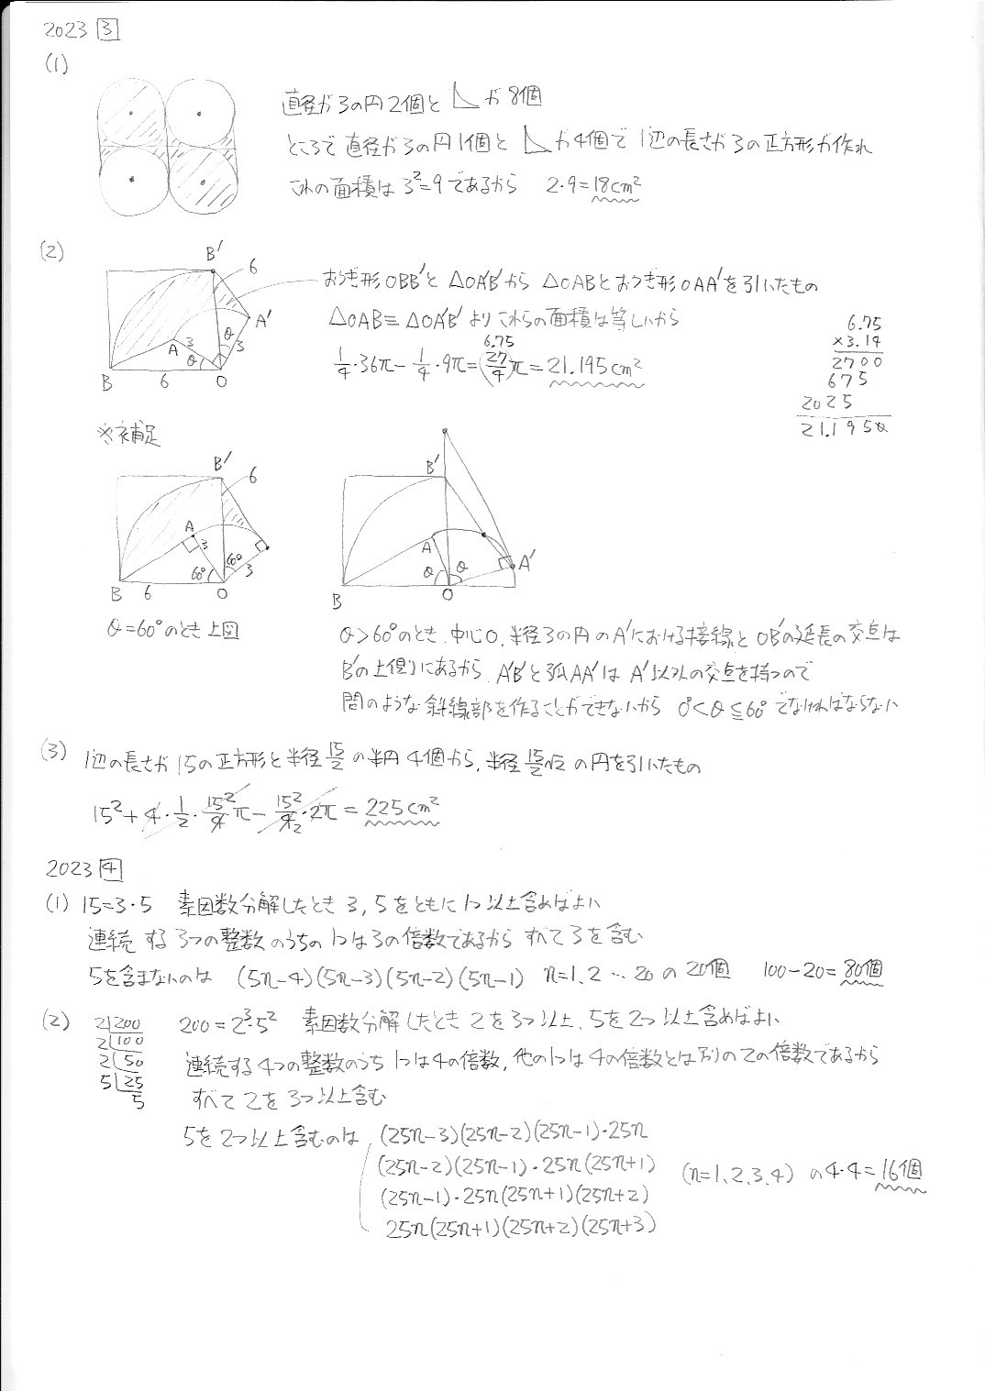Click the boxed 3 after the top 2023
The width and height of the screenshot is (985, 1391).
(x=109, y=31)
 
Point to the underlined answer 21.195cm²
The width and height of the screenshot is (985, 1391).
(x=593, y=366)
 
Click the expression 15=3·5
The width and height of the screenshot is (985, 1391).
(x=115, y=902)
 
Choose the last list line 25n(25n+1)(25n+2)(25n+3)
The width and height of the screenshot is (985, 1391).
(x=521, y=1226)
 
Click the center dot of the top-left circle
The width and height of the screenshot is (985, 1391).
(x=131, y=113)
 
